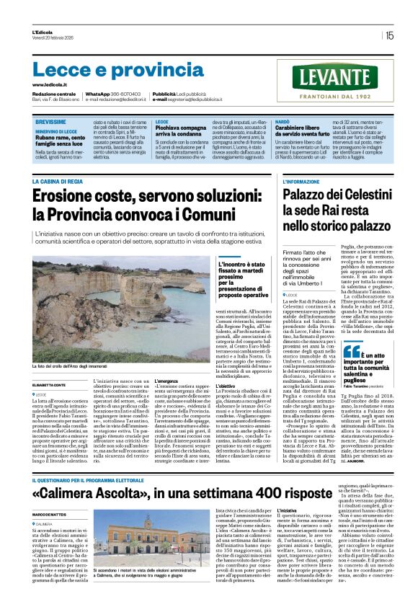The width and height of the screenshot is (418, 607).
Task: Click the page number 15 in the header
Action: point(389,35)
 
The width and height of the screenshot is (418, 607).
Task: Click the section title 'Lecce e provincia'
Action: point(108,69)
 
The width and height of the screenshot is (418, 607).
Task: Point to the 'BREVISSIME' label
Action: point(51,123)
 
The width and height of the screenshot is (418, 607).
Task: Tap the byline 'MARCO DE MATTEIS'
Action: point(50,514)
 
